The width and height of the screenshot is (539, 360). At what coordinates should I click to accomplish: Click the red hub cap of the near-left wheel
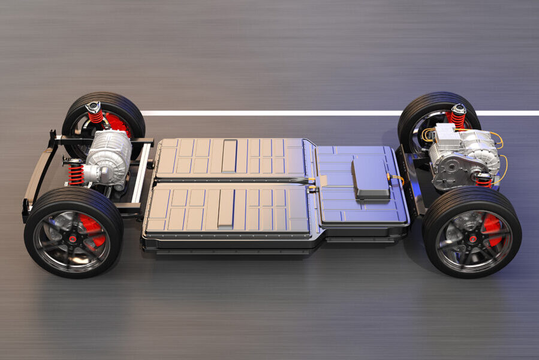pyautogui.click(x=73, y=239)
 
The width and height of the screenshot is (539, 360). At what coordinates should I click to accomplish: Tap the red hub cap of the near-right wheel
pyautogui.click(x=472, y=239)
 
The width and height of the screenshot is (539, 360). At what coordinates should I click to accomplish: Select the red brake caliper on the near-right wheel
pyautogui.click(x=492, y=230)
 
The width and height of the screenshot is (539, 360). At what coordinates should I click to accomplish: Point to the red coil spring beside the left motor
pyautogui.click(x=76, y=174)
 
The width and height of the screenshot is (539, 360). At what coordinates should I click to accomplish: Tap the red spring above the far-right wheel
pyautogui.click(x=459, y=118)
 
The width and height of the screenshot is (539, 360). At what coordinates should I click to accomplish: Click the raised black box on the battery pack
pyautogui.click(x=371, y=179)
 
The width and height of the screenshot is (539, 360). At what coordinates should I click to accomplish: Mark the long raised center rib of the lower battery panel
pyautogui.click(x=226, y=208)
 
